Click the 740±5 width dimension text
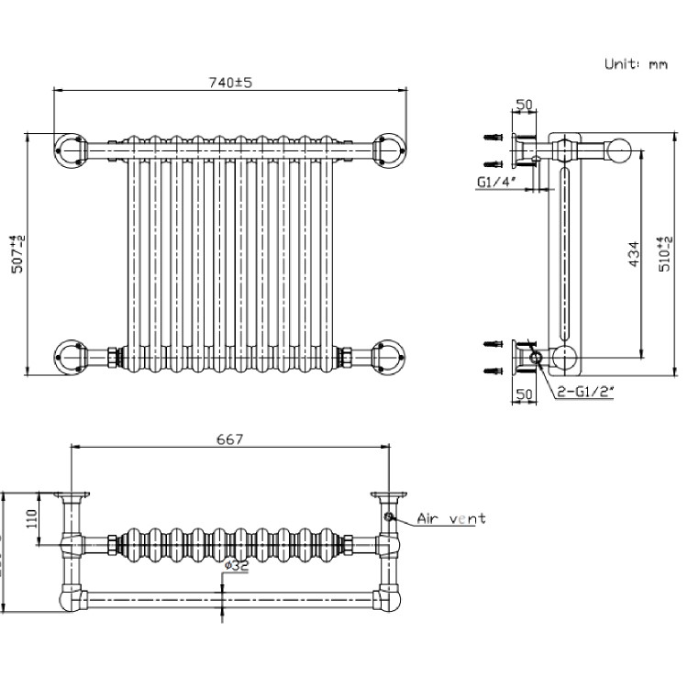pos(230,83)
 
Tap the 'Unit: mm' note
pos(636,63)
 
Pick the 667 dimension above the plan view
pos(230,438)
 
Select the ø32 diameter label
pos(236,567)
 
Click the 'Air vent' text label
pos(451,519)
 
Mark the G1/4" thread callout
pos(495,182)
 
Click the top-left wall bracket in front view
pos(70,148)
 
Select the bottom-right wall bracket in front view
pos(388,354)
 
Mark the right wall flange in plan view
pos(387,496)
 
